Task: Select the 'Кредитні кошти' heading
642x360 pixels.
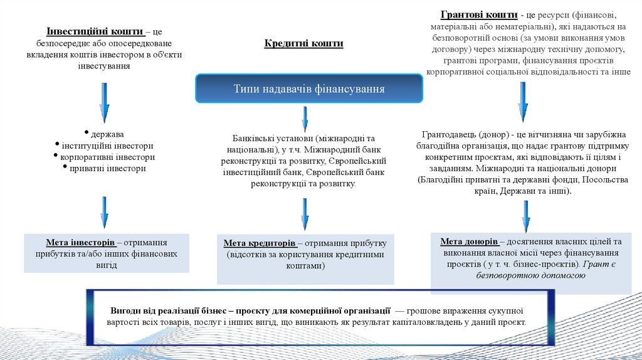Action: (x=303, y=43)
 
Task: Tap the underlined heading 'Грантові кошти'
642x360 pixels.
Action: (x=479, y=14)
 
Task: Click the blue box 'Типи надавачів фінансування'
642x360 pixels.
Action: (x=309, y=88)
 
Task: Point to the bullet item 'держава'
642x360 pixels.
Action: (x=107, y=134)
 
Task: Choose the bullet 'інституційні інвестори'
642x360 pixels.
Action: (x=107, y=146)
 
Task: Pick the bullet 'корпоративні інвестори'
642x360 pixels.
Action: (x=107, y=157)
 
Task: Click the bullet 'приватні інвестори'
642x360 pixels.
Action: (x=107, y=168)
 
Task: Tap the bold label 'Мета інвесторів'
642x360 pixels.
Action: (x=80, y=242)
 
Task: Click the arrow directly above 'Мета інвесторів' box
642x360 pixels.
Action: (x=104, y=212)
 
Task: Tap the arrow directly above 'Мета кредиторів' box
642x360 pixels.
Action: (x=305, y=213)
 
